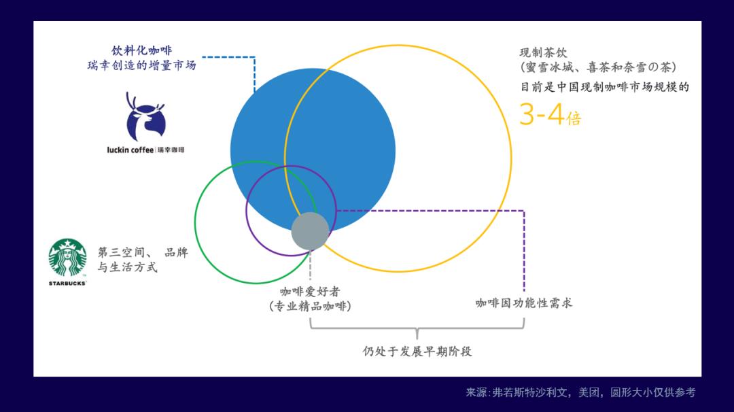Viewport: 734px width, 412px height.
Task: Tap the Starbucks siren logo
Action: (67, 258)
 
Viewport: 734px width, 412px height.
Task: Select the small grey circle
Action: (311, 231)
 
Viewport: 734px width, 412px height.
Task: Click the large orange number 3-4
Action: (542, 114)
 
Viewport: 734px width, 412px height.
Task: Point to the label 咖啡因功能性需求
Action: (524, 303)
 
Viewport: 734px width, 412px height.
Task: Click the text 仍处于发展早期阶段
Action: (417, 351)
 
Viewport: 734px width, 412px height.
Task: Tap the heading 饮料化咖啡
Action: (142, 50)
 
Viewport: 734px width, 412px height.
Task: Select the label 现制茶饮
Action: (544, 52)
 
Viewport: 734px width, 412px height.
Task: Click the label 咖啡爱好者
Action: (310, 292)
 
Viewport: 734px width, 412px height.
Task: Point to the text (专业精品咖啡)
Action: (310, 306)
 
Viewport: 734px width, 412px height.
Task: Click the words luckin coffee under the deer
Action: (130, 150)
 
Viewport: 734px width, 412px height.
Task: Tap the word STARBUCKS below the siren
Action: (67, 284)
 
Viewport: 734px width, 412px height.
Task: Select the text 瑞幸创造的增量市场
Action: (142, 65)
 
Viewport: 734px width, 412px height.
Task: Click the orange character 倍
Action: (574, 118)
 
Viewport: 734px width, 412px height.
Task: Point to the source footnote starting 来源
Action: (580, 392)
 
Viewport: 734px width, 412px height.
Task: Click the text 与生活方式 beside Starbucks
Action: (127, 267)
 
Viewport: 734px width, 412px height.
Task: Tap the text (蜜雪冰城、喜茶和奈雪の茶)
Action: (598, 67)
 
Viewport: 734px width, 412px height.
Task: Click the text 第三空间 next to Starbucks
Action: (122, 252)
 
